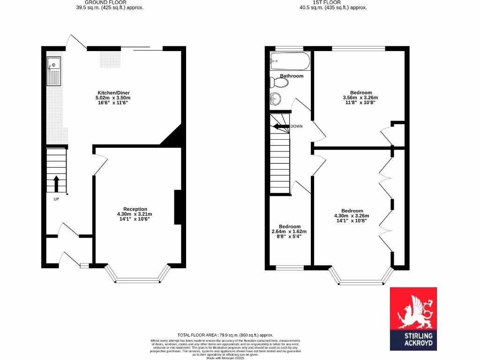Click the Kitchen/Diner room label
[x=111, y=92]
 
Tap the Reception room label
[x=135, y=209]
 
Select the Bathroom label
[x=292, y=76]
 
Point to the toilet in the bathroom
[x=280, y=83]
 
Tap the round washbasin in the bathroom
[x=276, y=98]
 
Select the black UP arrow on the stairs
[x=56, y=183]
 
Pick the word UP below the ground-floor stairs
[x=56, y=199]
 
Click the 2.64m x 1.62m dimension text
[x=289, y=232]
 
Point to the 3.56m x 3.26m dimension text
[x=360, y=97]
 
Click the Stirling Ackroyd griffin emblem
[x=413, y=311]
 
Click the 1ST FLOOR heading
[x=333, y=2]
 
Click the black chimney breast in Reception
[x=178, y=207]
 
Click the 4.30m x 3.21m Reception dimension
[x=135, y=214]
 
